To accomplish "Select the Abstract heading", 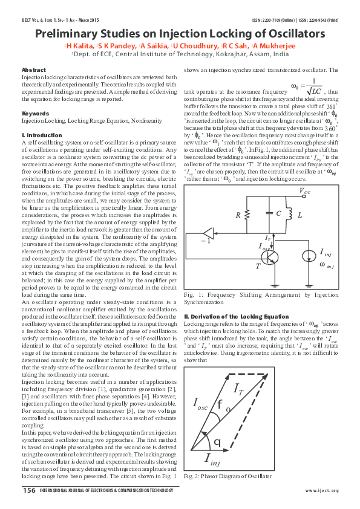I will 33,70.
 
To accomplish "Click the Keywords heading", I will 36,114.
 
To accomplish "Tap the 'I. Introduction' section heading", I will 42,135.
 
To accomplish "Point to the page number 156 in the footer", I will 28,490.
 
